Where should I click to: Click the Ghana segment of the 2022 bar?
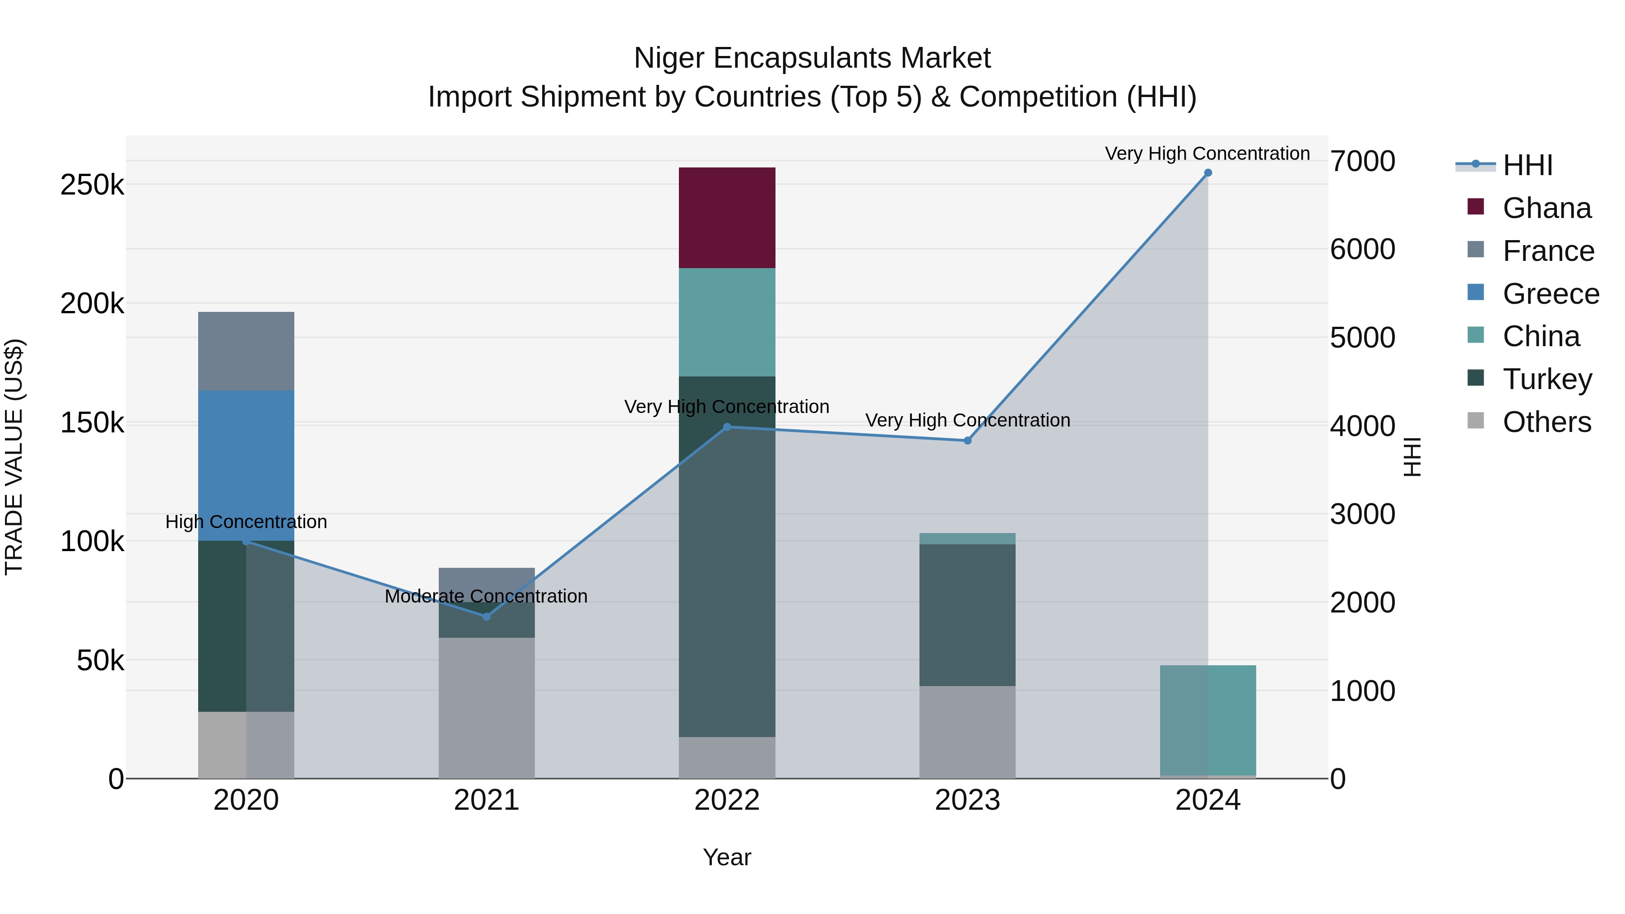[727, 218]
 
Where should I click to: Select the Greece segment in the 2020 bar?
[246, 465]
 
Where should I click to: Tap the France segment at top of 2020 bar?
[246, 351]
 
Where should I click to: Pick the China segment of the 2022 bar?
[727, 322]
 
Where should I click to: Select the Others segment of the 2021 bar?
[486, 707]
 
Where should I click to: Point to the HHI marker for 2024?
[1207, 173]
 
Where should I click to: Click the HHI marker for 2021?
[486, 616]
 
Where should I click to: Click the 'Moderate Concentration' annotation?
[486, 596]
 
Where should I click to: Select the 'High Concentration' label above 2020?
[246, 522]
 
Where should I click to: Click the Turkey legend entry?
[1547, 379]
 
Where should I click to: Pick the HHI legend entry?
[1527, 165]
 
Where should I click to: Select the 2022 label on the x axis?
[727, 800]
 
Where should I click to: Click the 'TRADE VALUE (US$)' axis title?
[14, 457]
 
